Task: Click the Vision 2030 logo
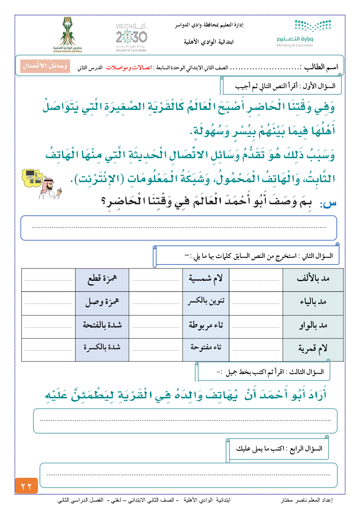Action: coord(131,37)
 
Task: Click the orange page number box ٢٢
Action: coord(26,485)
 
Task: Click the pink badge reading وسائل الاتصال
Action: coord(45,66)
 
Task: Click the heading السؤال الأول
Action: coord(319,86)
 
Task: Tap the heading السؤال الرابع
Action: coord(306,449)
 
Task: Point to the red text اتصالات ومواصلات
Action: coord(129,68)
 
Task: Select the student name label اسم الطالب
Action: coord(321,67)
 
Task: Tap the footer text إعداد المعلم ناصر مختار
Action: coord(307,500)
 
